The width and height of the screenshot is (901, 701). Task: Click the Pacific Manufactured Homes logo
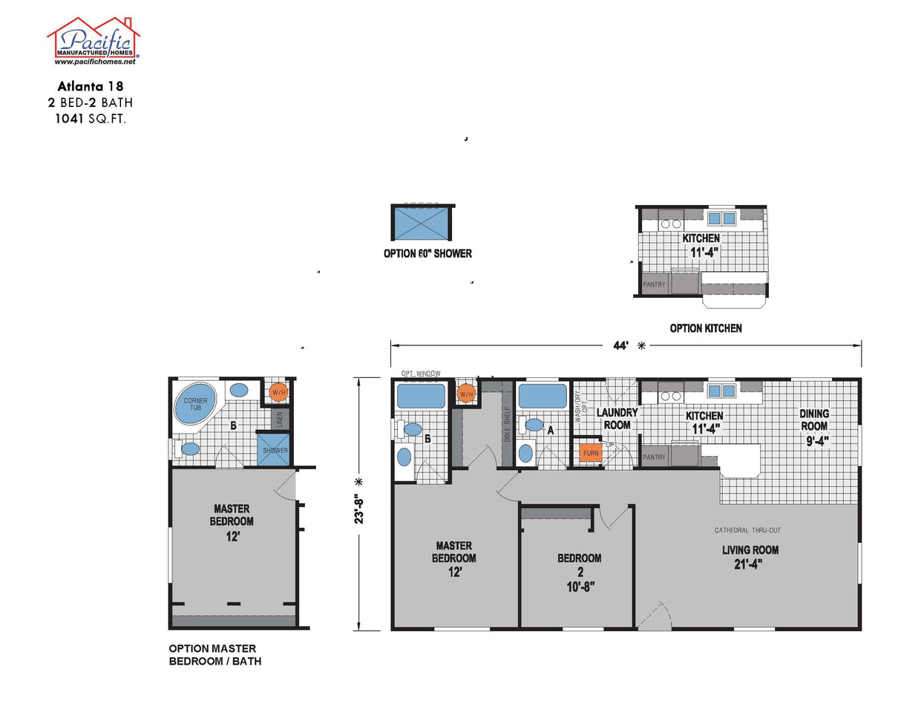pos(94,41)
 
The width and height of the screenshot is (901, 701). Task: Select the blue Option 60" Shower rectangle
pos(422,222)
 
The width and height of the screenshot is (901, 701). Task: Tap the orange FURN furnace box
pos(591,453)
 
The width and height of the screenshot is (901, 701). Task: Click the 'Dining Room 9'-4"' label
pos(814,426)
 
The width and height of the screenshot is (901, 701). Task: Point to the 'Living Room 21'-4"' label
pos(750,556)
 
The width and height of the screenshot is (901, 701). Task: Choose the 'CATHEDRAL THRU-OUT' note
pos(747,530)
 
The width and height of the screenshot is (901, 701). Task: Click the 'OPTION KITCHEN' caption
pos(705,328)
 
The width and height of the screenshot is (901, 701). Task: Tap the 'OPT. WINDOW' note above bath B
pos(421,374)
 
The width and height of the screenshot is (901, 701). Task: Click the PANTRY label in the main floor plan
pos(654,457)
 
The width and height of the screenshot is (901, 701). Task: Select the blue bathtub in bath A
pos(543,397)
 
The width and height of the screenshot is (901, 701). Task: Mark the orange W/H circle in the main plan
pos(467,394)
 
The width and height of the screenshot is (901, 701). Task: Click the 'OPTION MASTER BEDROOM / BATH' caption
pos(214,655)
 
